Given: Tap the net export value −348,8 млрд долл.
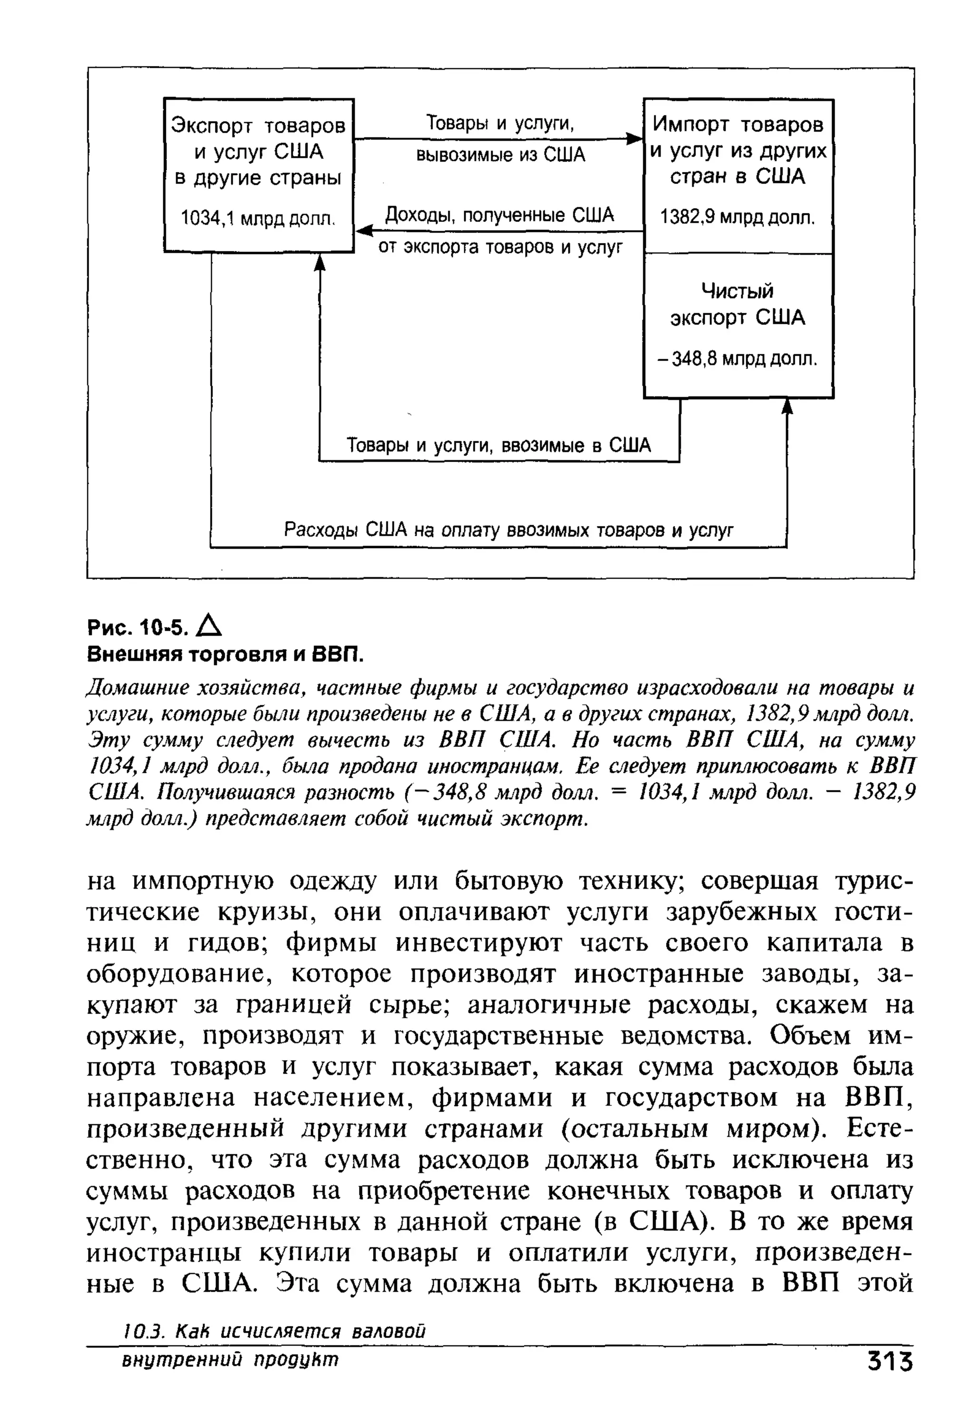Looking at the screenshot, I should coord(738,359).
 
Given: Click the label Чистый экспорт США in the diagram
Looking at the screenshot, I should coord(738,304).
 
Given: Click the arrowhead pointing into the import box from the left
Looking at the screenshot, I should coord(634,139).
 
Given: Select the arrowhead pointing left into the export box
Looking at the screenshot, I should coord(364,231).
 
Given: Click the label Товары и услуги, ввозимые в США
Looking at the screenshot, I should coord(498,445).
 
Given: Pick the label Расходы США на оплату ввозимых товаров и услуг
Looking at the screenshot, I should coord(508,529).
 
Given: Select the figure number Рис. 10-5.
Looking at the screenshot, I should coord(138,628).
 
